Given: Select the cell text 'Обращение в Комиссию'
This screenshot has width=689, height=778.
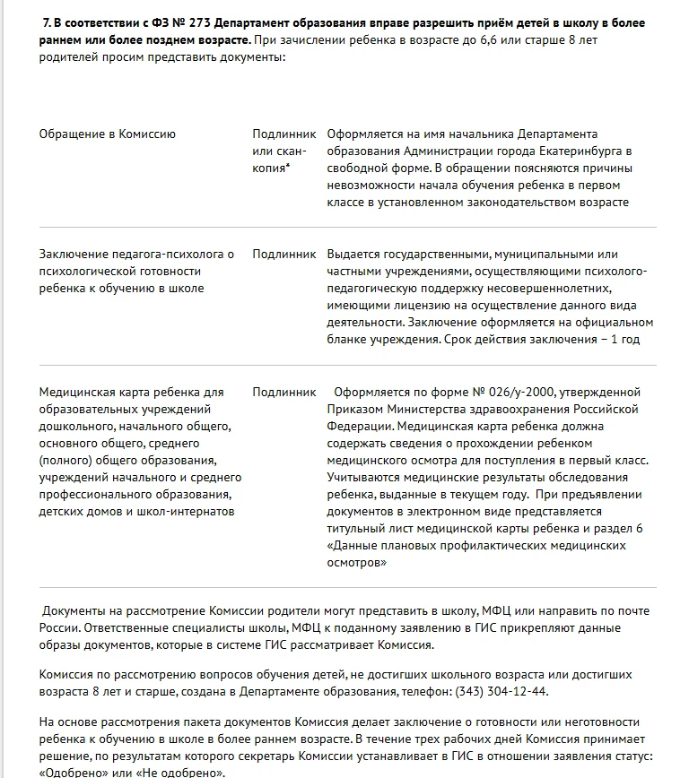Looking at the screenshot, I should tap(108, 134).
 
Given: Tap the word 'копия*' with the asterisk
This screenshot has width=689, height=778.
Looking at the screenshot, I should tap(271, 169).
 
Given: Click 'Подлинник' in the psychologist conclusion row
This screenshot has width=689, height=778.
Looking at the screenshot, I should tap(284, 255).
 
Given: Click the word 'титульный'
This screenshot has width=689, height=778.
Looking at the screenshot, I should tap(354, 529).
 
